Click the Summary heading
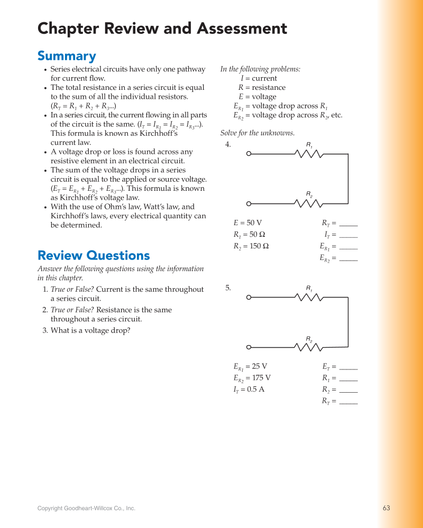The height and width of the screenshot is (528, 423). coord(67,56)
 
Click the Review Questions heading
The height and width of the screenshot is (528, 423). coord(94,256)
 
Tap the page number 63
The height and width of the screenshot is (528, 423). coord(386,508)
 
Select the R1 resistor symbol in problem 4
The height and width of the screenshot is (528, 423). coord(309,154)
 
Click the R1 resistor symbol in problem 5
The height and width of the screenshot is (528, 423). coord(309,298)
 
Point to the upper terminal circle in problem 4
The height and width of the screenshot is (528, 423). coord(249,154)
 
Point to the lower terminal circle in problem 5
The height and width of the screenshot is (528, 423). coord(249,347)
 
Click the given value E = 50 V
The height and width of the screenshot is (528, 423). coord(247,223)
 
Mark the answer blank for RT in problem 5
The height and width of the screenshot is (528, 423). coord(348,403)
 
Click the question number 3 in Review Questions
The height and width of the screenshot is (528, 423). coord(44,331)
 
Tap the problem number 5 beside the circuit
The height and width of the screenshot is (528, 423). coord(228,288)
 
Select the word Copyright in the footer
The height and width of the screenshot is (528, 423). coord(51,508)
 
